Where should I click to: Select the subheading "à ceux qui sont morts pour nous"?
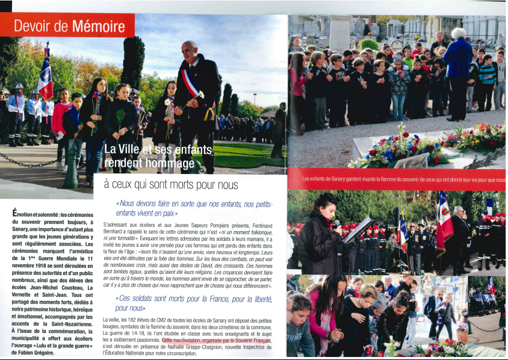(171, 185)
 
